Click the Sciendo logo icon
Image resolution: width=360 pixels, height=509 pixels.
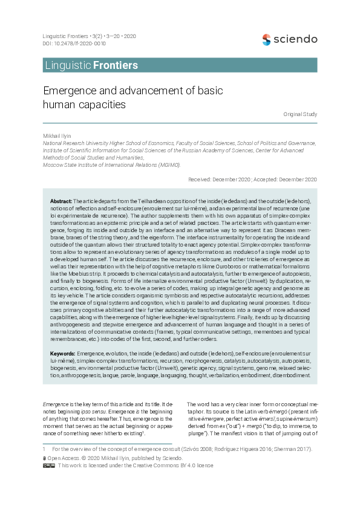pos(266,40)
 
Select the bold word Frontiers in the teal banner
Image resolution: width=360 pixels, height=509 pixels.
pos(116,65)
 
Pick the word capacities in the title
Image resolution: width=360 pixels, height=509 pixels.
pos(102,105)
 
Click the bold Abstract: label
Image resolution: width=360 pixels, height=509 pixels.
pos(61,200)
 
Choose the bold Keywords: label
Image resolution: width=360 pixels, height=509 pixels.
pos(63,352)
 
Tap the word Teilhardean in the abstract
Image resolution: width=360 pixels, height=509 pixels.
pos(142,200)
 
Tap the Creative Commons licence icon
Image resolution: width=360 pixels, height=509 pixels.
pos(49,465)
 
